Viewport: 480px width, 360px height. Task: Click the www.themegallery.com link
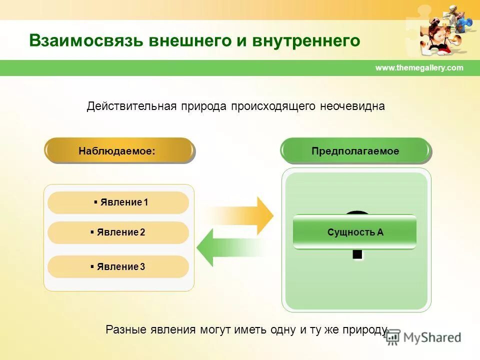pyautogui.click(x=419, y=68)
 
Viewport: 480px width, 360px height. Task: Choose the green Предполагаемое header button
pyautogui.click(x=355, y=151)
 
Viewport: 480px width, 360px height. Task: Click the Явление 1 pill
pyautogui.click(x=118, y=202)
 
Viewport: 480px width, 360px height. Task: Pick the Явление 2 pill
pyautogui.click(x=118, y=232)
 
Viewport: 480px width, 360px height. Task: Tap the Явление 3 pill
pyautogui.click(x=118, y=266)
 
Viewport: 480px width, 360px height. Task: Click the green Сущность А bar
pyautogui.click(x=354, y=232)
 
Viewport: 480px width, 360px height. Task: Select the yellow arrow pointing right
pyautogui.click(x=245, y=215)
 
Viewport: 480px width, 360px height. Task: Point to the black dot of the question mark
pyautogui.click(x=357, y=254)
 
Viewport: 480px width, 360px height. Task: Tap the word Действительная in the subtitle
pyautogui.click(x=131, y=106)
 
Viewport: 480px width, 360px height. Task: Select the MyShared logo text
pyautogui.click(x=432, y=337)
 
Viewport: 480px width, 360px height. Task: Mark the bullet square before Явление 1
pyautogui.click(x=95, y=202)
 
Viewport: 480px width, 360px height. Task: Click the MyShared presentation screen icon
pyautogui.click(x=393, y=337)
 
